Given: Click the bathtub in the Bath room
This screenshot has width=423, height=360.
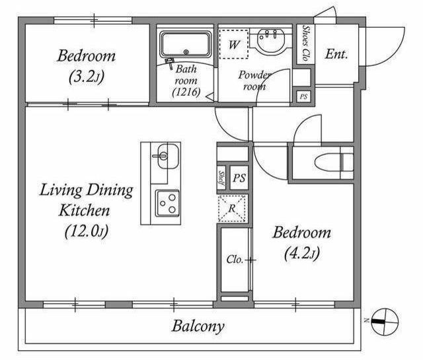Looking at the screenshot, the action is [x=186, y=45].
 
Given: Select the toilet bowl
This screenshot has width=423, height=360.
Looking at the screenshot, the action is [x=334, y=162].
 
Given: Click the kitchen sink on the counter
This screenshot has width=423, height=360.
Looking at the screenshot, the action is [x=168, y=156].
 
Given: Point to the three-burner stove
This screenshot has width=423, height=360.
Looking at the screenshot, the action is [x=167, y=203].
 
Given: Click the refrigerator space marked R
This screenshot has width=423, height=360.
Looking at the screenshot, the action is [x=232, y=209].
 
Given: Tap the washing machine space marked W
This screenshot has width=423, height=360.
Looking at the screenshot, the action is [x=233, y=44].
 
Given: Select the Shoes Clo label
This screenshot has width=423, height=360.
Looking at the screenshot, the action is [x=305, y=44].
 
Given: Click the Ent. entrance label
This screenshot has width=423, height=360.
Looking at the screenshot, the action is [x=336, y=54].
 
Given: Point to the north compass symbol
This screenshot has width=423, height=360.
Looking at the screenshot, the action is [x=385, y=322].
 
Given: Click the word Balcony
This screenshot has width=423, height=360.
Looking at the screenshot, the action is [x=198, y=326].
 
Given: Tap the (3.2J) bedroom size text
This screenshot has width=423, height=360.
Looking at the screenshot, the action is [x=87, y=77].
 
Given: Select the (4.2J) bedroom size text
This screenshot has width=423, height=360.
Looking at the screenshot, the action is [x=302, y=253].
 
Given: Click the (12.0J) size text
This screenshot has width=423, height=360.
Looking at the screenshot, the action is [x=87, y=231].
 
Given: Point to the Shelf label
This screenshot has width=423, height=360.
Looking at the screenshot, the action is [x=222, y=179].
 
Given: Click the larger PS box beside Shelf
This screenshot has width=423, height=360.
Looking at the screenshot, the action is [x=239, y=178].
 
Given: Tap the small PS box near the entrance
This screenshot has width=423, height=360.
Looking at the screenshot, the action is [x=304, y=96].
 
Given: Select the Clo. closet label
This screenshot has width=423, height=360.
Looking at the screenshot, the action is [x=235, y=260].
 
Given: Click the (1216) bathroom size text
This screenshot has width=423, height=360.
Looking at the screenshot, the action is [x=186, y=92].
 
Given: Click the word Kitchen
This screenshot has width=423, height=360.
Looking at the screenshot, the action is [x=85, y=211].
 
